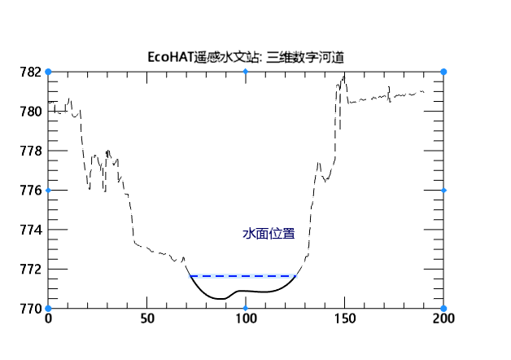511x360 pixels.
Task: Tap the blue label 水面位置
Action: point(269,234)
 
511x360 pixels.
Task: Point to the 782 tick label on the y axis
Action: point(31,72)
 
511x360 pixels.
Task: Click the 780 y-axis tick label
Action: point(31,112)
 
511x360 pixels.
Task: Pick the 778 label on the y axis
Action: point(31,151)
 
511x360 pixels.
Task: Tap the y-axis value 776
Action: point(31,191)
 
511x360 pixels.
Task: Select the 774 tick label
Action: point(31,230)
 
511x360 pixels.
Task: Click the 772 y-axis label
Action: point(31,270)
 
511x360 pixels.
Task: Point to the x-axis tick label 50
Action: point(146,319)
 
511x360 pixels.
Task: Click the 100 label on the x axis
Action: point(245,319)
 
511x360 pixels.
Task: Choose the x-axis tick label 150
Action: point(344,319)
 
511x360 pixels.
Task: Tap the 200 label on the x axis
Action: point(443,319)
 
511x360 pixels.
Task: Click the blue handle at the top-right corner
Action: point(443,72)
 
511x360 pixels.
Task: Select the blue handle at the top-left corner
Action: point(48,72)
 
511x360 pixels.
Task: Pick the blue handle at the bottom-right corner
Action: point(443,309)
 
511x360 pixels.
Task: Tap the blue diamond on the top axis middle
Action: point(246,72)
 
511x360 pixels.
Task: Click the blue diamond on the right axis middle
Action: point(443,190)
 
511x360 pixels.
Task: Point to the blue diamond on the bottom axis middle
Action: point(246,309)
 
